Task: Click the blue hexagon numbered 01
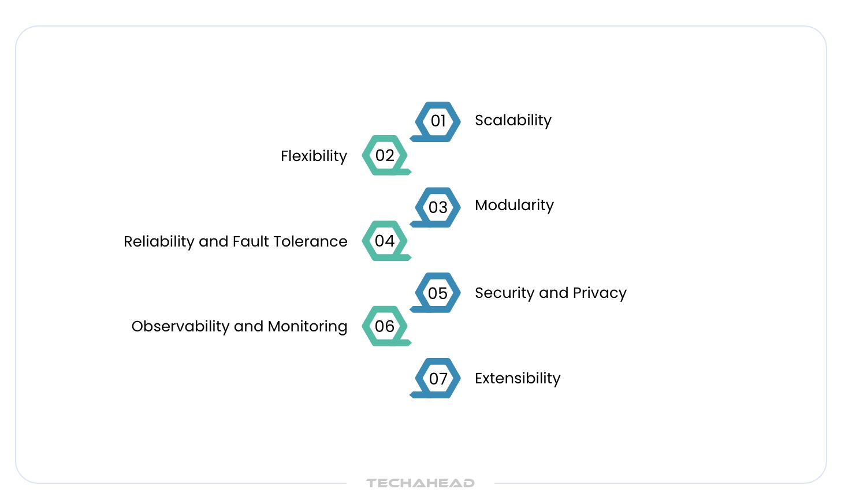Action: pos(438,121)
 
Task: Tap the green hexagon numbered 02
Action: pos(385,155)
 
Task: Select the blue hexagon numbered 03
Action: pos(438,207)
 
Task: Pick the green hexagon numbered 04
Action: pos(385,241)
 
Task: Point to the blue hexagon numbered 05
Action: pos(438,293)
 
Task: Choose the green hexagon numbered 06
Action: pos(385,326)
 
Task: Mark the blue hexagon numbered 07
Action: pos(438,378)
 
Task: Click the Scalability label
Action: pos(513,120)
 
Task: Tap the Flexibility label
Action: pos(314,156)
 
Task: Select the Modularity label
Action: pos(514,205)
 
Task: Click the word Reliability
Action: pos(159,241)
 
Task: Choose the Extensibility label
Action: pos(518,378)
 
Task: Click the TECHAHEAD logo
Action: pos(420,483)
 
